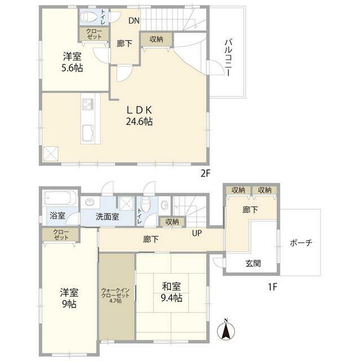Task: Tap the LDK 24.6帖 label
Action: click(x=139, y=116)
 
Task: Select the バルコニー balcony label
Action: click(x=228, y=58)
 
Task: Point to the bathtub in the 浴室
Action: click(x=60, y=198)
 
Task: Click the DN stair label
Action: click(x=134, y=21)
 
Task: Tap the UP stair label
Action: click(x=197, y=233)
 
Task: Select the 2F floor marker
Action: click(x=205, y=173)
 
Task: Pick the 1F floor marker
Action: click(x=272, y=287)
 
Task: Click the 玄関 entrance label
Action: click(x=253, y=263)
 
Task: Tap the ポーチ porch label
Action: click(x=301, y=243)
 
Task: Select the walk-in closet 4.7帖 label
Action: click(x=115, y=296)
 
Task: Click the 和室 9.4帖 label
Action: click(x=171, y=292)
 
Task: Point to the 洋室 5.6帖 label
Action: click(x=72, y=62)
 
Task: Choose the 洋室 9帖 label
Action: click(x=69, y=298)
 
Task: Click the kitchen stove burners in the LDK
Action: click(x=88, y=104)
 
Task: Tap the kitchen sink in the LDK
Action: click(x=88, y=133)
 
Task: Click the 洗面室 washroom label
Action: click(x=107, y=217)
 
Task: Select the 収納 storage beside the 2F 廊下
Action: click(x=157, y=39)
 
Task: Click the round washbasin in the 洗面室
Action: click(x=90, y=202)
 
